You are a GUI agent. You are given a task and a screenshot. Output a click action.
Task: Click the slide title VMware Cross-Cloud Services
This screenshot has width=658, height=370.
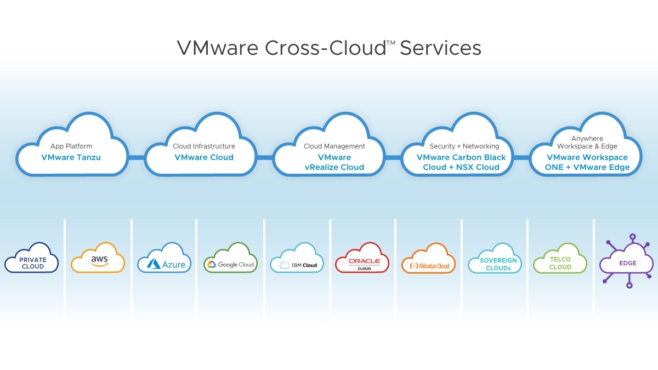329,48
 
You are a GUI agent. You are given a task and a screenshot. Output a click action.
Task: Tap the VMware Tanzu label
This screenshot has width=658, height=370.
71,157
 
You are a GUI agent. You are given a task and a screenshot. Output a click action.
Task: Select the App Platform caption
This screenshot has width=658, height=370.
71,146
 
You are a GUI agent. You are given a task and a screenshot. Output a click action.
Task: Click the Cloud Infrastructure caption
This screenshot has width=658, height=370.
204,146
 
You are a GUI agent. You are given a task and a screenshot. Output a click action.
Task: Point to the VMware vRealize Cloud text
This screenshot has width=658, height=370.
334,162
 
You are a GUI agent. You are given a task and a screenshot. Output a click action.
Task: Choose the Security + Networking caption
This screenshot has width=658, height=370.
464,146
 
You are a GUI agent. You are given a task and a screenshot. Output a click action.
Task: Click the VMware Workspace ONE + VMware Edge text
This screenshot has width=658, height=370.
587,162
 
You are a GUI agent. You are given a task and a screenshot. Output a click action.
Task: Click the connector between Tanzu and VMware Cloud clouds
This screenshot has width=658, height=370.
137,158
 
